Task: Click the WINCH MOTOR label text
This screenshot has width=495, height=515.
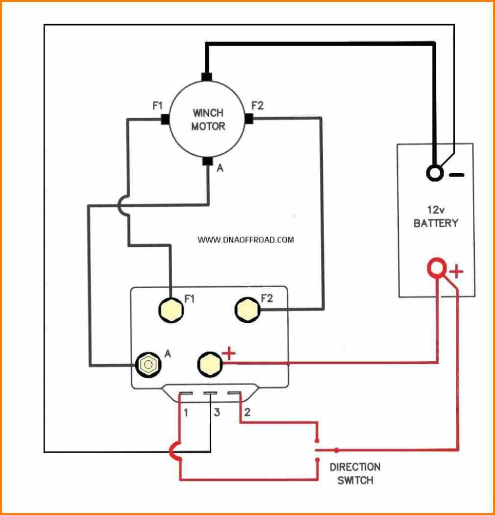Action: point(208,119)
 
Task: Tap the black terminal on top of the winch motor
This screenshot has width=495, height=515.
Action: point(206,77)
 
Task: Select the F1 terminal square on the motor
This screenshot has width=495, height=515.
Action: point(164,119)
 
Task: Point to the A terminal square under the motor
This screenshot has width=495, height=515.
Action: point(207,161)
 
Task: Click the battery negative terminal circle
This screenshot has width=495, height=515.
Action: point(434,174)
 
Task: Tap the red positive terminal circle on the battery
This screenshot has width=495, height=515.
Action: point(436,269)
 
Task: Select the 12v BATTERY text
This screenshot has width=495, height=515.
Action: point(436,217)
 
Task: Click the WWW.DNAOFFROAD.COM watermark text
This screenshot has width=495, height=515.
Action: point(245,240)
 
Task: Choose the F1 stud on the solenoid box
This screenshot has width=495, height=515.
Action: point(171,309)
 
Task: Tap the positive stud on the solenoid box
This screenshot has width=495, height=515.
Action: point(209,363)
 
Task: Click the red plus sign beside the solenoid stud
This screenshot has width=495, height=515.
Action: point(228,354)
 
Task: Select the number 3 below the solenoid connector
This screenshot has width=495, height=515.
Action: point(217,413)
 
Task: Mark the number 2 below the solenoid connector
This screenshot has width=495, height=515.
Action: point(247,413)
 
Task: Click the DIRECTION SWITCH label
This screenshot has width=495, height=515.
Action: point(355,473)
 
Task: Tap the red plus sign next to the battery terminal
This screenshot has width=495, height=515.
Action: point(456,273)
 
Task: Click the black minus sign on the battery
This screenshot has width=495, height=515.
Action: point(456,175)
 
